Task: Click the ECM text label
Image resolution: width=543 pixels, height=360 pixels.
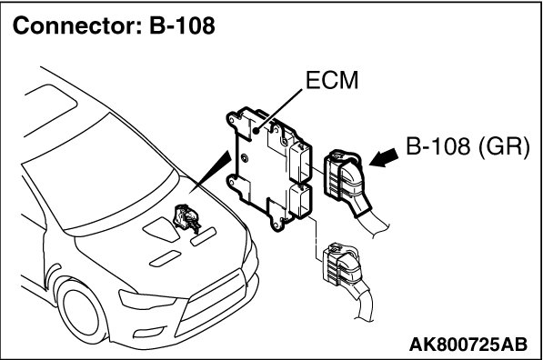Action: pos(332,81)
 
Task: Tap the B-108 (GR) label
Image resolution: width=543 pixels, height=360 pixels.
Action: pos(468,146)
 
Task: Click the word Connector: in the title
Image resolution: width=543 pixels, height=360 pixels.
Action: pos(77,25)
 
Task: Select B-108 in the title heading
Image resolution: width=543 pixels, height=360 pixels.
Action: pos(182,25)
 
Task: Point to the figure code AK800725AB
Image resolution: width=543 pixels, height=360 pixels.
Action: pos(468,345)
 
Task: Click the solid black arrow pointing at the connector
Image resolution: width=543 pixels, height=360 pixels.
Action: pos(383,157)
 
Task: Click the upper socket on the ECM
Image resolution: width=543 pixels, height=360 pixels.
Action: pos(300,163)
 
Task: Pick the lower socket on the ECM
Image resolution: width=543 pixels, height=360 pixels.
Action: pos(300,202)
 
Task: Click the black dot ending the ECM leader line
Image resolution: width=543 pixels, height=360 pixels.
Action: pos(256,131)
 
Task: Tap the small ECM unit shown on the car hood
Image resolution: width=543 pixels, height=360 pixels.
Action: pos(187,218)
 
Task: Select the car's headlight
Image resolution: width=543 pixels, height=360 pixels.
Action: pos(147,299)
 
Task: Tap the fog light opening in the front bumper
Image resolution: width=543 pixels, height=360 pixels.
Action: pos(149,333)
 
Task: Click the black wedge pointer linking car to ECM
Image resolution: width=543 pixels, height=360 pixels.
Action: pos(210,171)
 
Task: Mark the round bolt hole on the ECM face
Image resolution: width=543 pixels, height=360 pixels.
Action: pos(245,158)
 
